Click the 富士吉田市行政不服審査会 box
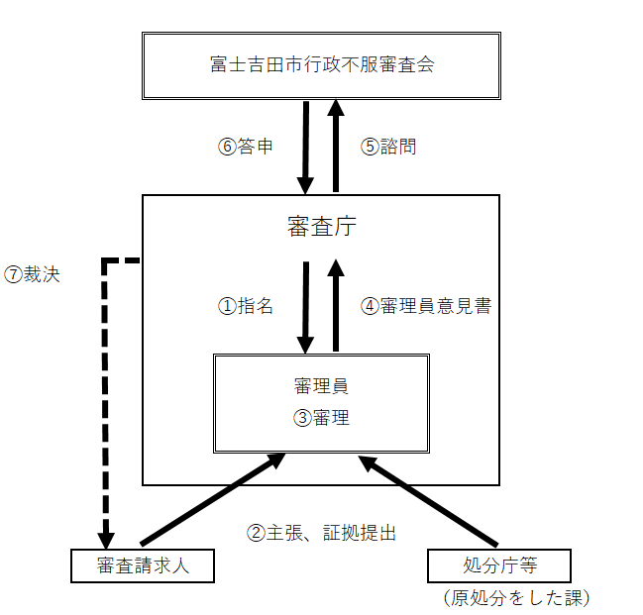pyautogui.click(x=322, y=65)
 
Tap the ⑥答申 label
pyautogui.click(x=246, y=147)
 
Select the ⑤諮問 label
pyautogui.click(x=388, y=147)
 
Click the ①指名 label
pyautogui.click(x=245, y=306)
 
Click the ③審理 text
pyautogui.click(x=321, y=418)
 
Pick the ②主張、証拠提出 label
pyautogui.click(x=321, y=533)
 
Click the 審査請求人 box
pyautogui.click(x=143, y=565)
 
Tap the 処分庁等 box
pyautogui.click(x=499, y=565)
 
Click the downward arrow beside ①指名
pyautogui.click(x=305, y=306)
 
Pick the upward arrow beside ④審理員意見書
pyautogui.click(x=337, y=306)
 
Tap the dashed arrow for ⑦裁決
pyautogui.click(x=104, y=396)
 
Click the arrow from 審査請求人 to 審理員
pyautogui.click(x=212, y=500)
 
